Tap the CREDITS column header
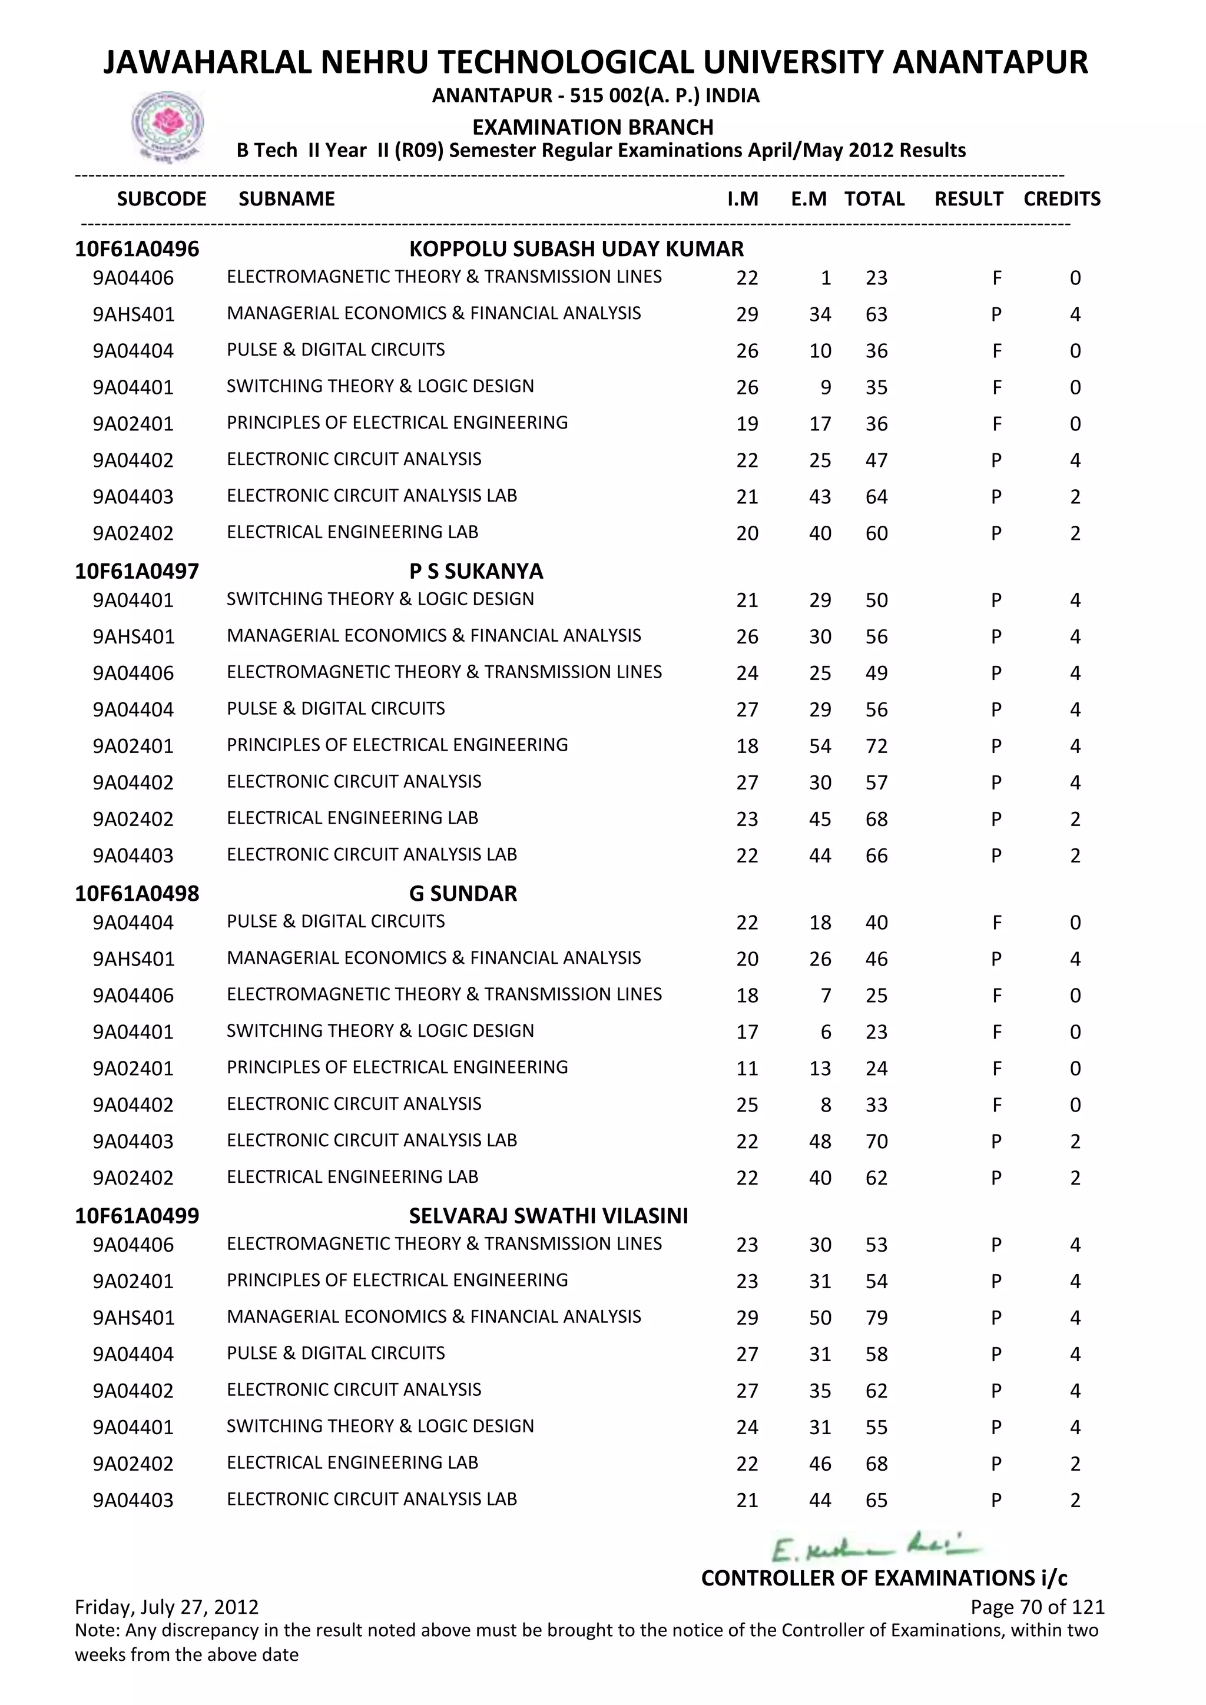[1061, 199]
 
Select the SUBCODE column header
[161, 199]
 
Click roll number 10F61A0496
[137, 249]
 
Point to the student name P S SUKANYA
[476, 571]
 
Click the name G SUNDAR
[463, 893]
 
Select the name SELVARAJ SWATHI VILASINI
[548, 1216]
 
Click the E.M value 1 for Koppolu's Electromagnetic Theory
[826, 278]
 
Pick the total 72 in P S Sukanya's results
[876, 747]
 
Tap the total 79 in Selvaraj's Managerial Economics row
[876, 1318]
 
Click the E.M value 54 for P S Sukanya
[820, 747]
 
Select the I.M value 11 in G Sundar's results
[747, 1069]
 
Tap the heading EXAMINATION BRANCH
[592, 127]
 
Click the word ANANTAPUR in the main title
[989, 62]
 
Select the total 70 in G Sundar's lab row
[876, 1142]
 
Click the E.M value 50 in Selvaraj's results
[820, 1318]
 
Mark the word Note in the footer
[97, 1630]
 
